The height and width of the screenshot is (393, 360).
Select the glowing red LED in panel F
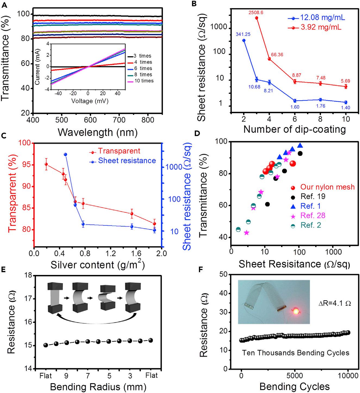[x=296, y=311]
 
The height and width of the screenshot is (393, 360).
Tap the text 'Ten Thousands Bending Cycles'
[x=295, y=353]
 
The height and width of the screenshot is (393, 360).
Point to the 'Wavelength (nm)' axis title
[x=98, y=132]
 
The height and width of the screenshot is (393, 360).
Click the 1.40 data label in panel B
[x=345, y=108]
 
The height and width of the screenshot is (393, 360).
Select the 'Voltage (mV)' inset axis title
[x=90, y=101]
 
